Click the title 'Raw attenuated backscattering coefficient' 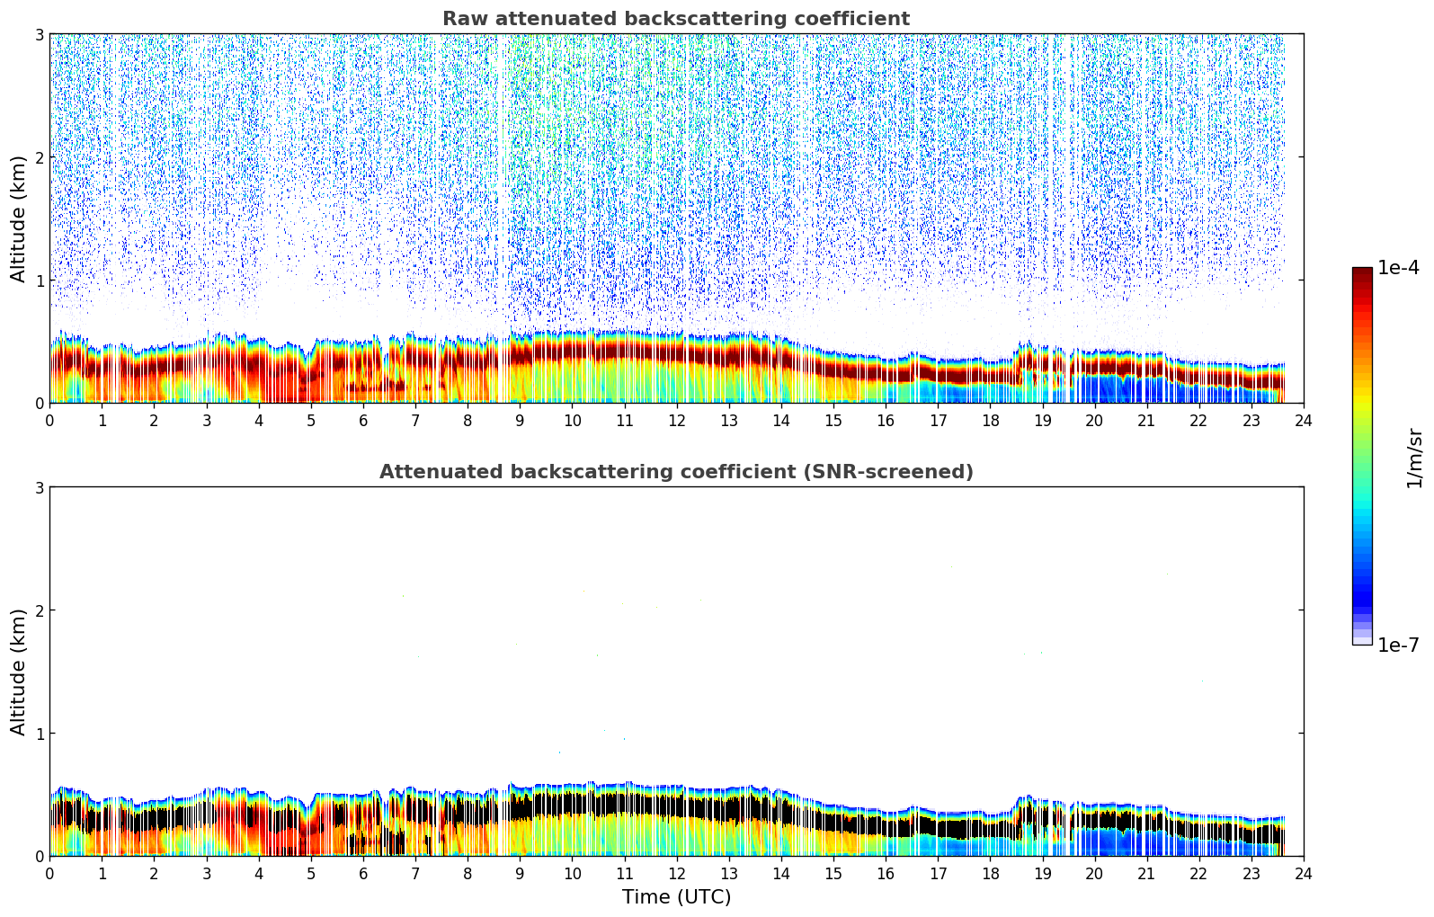tap(675, 19)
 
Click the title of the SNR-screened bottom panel tap(675, 472)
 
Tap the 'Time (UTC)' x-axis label tap(676, 897)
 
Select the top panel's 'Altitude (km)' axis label tap(18, 218)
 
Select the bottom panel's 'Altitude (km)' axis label tap(18, 672)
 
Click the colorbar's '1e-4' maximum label tap(1398, 268)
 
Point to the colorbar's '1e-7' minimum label tap(1398, 645)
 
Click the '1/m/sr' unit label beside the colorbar tap(1414, 458)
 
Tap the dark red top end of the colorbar tap(1362, 272)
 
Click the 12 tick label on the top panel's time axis tap(676, 420)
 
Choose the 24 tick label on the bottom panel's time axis tap(1304, 873)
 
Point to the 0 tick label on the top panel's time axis tap(49, 420)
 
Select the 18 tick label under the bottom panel tap(990, 873)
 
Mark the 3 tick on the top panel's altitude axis tap(39, 34)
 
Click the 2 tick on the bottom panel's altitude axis tap(39, 610)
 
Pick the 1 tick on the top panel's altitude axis tap(39, 280)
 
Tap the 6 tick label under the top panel tap(363, 420)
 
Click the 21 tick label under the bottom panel tap(1146, 873)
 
